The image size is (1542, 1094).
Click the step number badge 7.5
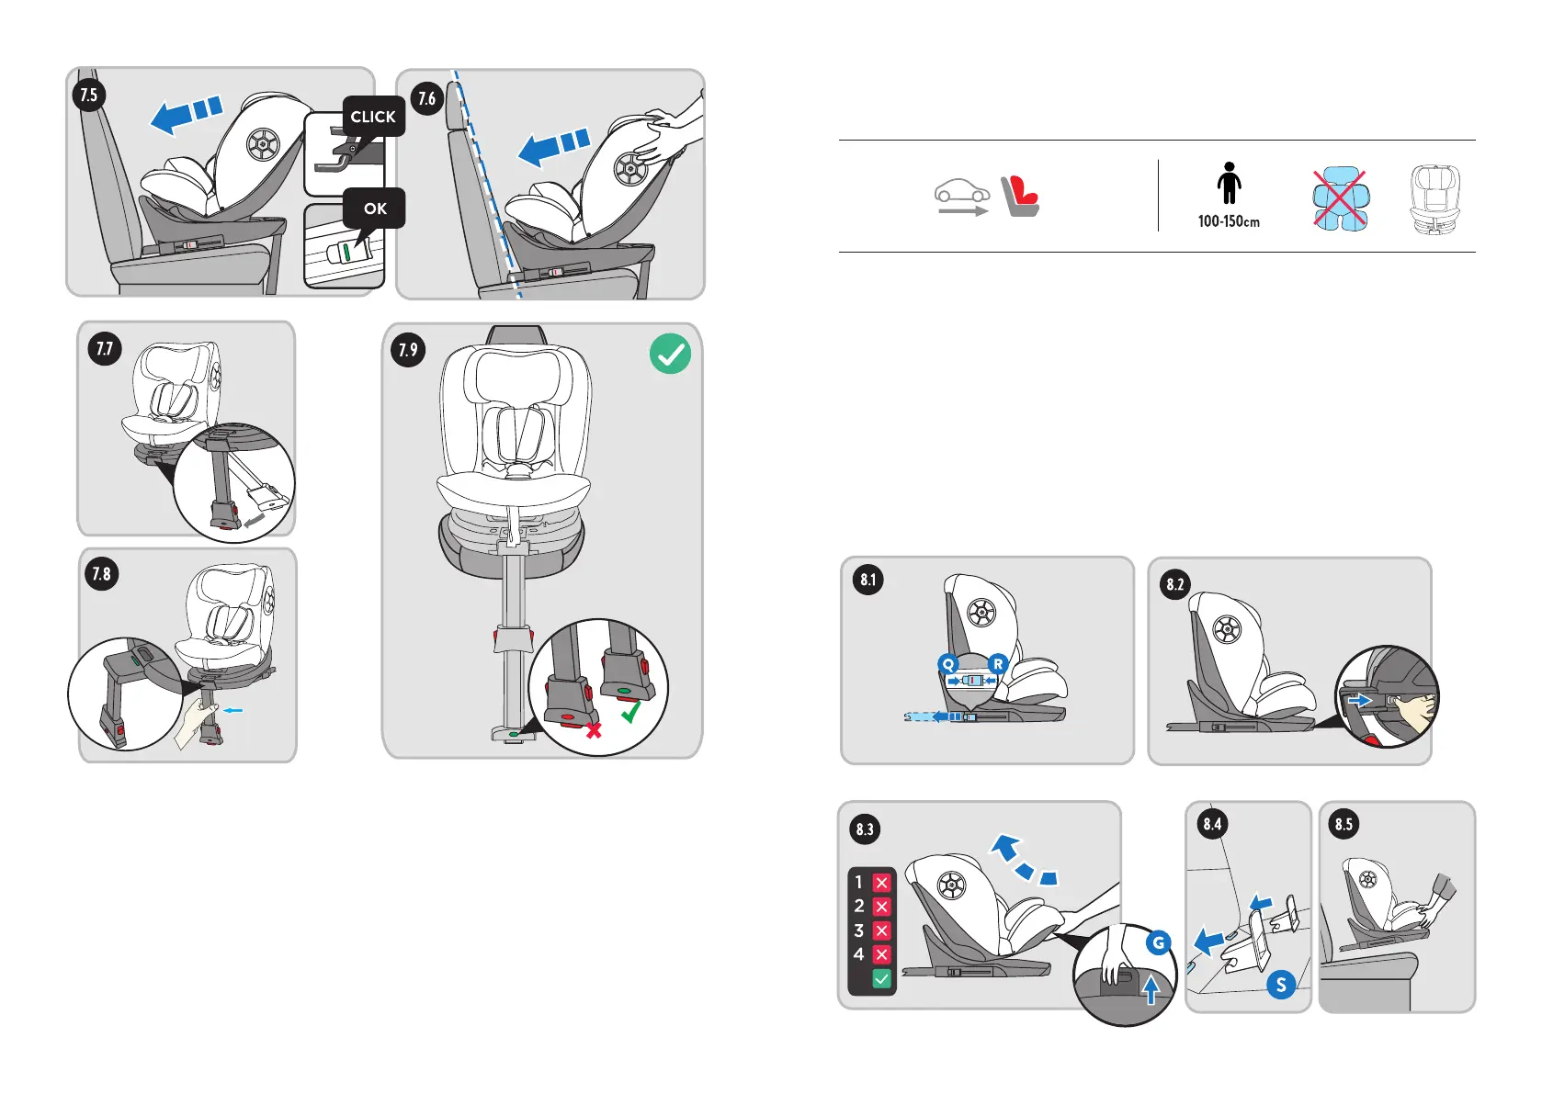(89, 95)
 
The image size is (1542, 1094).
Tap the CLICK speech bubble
(373, 117)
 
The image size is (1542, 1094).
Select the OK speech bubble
(375, 209)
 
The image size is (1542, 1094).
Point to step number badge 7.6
(427, 98)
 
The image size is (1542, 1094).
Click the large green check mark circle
(670, 354)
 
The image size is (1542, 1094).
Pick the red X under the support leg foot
(594, 730)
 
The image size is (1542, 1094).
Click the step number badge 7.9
(408, 350)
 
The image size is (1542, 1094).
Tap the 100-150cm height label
(1229, 221)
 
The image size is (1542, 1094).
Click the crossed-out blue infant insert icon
(1340, 198)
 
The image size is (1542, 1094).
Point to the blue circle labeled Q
(948, 664)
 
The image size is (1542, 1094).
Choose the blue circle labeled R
(998, 663)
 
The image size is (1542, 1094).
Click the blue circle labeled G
(1159, 942)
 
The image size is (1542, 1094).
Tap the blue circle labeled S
(1281, 985)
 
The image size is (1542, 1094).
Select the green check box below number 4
(881, 979)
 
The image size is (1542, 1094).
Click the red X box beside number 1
(881, 883)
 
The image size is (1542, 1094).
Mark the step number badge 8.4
(1213, 824)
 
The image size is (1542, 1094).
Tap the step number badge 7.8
(101, 574)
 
